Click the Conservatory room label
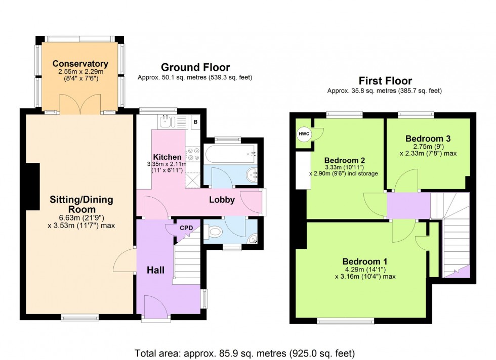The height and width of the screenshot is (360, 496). [x=80, y=64]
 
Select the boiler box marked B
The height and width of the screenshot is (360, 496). [x=195, y=122]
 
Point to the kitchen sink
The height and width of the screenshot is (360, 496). [x=167, y=121]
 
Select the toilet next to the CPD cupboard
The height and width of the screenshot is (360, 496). [x=215, y=232]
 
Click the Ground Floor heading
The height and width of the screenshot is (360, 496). [x=195, y=67]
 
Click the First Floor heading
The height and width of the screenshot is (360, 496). [x=385, y=80]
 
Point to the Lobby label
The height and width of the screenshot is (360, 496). [x=222, y=200]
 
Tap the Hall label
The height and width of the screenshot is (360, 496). [x=155, y=271]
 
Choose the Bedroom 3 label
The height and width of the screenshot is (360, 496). [x=428, y=138]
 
